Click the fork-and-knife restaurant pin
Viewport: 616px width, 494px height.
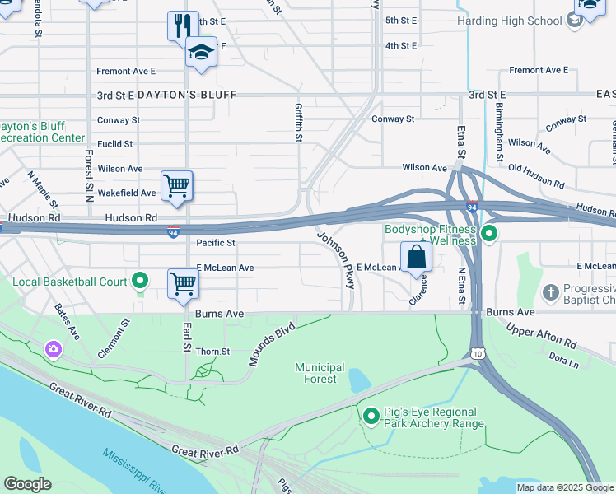click(x=183, y=25)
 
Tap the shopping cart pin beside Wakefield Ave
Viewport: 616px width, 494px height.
click(x=177, y=185)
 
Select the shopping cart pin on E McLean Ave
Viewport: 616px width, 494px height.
click(x=184, y=283)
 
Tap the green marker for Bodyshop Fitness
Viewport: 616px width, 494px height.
click(x=489, y=235)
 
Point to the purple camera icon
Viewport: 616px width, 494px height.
click(x=54, y=350)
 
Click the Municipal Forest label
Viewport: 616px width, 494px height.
click(x=320, y=373)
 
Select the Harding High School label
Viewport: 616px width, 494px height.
click(x=520, y=19)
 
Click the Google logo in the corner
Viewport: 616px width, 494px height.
click(x=27, y=484)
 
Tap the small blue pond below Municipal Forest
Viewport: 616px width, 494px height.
click(x=359, y=380)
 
